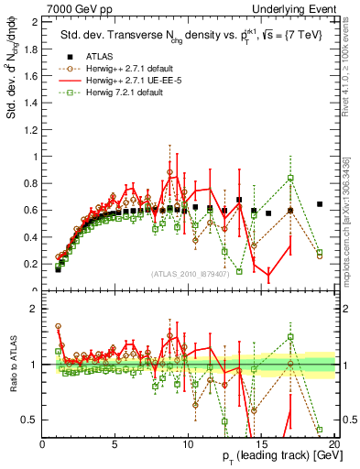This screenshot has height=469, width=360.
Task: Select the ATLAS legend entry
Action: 93,57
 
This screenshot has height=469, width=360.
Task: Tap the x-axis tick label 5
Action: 115,443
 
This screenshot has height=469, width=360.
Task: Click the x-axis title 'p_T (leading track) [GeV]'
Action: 268,457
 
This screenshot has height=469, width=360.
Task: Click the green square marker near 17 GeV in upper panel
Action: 290,178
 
